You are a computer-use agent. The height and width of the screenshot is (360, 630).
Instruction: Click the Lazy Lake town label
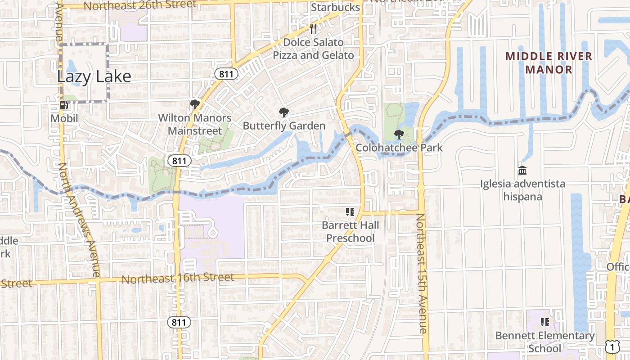tap(94, 76)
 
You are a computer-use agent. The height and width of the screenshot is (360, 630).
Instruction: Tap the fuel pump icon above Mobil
tap(64, 106)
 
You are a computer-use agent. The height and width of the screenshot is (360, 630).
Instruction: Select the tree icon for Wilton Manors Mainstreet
tap(194, 105)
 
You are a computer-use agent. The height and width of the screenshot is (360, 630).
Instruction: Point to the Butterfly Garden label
tap(284, 126)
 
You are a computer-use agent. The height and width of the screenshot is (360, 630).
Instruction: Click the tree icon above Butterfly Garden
tap(283, 112)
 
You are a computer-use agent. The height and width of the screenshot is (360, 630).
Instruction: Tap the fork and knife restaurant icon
tap(314, 29)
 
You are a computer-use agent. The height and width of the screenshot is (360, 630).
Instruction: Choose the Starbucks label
tap(336, 8)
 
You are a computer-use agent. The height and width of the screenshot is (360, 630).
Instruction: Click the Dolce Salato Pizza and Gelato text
tap(314, 49)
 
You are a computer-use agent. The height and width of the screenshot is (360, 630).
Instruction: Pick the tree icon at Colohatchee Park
tap(399, 134)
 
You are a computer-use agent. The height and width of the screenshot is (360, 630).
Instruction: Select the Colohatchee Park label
tap(399, 148)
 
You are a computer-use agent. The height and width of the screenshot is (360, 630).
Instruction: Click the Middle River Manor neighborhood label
tap(549, 63)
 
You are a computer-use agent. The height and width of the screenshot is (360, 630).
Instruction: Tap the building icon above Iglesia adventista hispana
tap(522, 171)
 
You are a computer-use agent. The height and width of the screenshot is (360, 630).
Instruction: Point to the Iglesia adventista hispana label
tap(522, 190)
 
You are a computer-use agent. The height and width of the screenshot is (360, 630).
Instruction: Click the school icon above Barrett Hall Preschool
tap(350, 211)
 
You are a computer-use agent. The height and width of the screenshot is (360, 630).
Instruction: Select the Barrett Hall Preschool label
tap(351, 231)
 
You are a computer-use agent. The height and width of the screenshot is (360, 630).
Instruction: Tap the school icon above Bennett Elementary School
tap(545, 322)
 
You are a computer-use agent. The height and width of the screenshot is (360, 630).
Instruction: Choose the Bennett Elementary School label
tap(545, 342)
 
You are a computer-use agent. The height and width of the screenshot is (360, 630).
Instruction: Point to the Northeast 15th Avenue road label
tap(421, 274)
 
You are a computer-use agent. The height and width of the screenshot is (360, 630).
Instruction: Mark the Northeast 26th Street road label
tap(140, 5)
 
